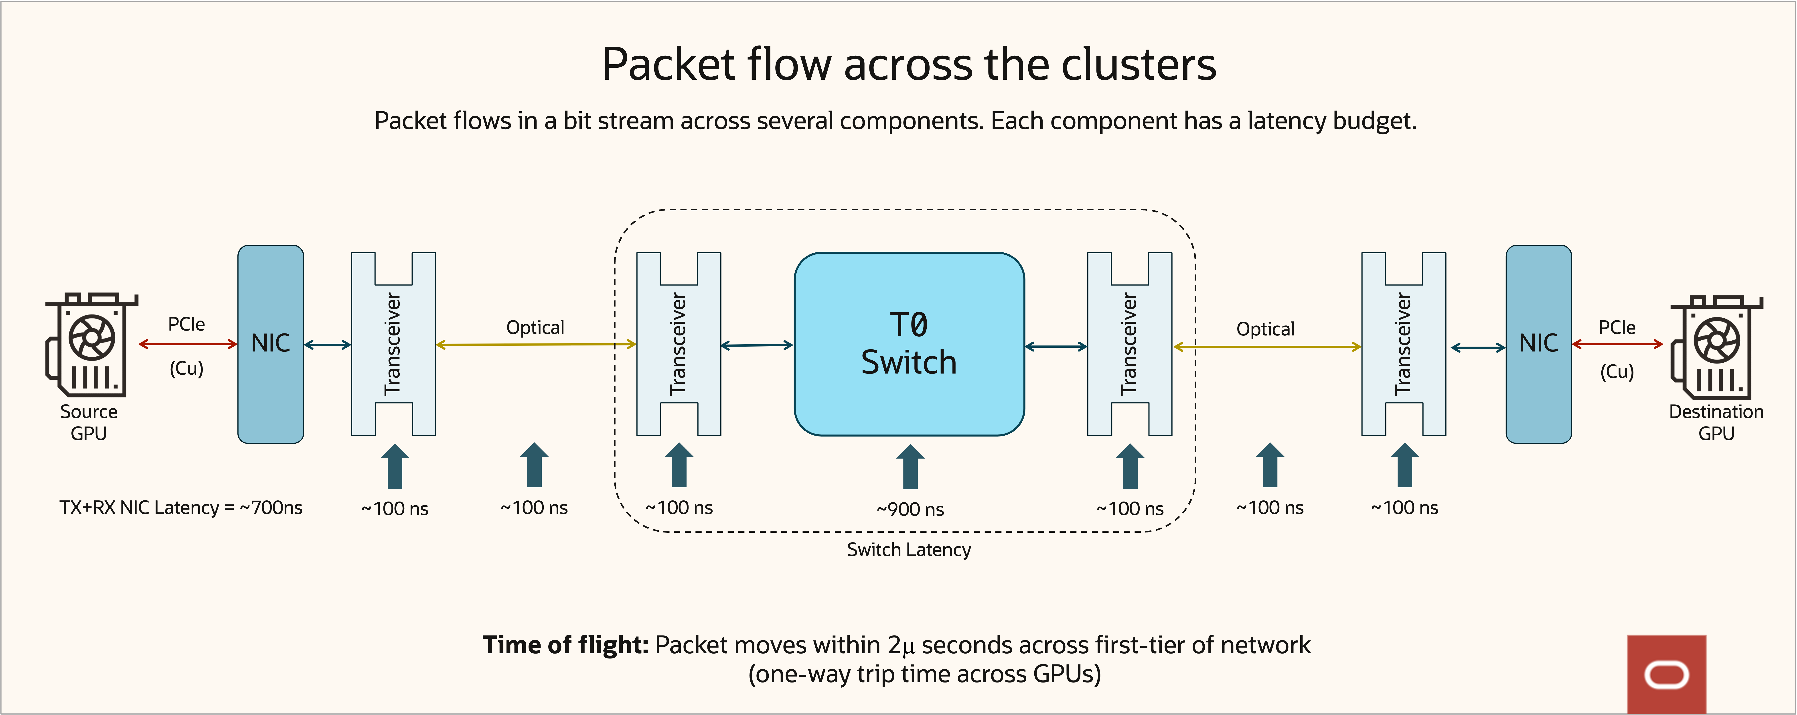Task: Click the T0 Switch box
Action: [x=909, y=344]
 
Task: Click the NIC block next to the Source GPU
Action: [x=271, y=344]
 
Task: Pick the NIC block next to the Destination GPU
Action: [x=1538, y=344]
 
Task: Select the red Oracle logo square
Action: [x=1667, y=674]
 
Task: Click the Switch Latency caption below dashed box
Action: [x=908, y=550]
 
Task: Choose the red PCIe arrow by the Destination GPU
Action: [x=1617, y=344]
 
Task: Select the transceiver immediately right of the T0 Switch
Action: [x=1129, y=344]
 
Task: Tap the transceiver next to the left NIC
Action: [x=393, y=344]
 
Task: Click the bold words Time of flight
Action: [x=565, y=645]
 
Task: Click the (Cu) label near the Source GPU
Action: [x=186, y=368]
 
